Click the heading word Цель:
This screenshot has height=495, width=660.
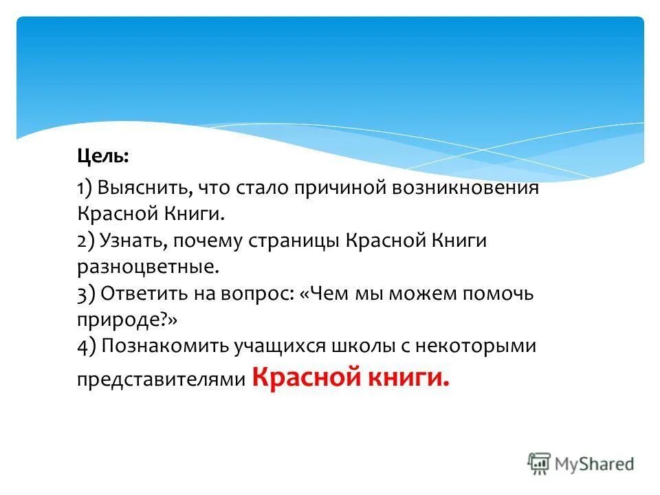tap(102, 156)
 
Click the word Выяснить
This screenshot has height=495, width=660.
tap(144, 188)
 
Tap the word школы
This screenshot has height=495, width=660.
tap(360, 346)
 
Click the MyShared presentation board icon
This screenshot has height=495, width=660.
tap(539, 464)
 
